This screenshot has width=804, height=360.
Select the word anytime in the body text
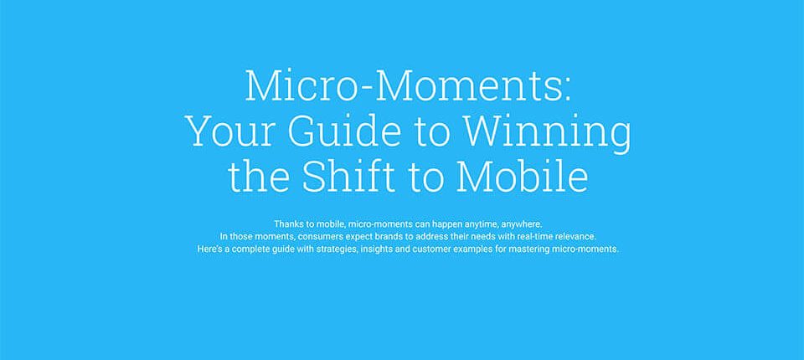[x=482, y=224]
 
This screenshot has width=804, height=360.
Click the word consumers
[x=319, y=237]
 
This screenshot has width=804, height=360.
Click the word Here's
[x=209, y=249]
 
